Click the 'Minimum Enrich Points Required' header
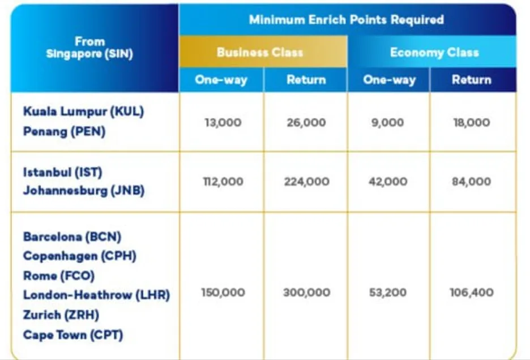pos(346,20)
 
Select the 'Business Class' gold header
pos(260,53)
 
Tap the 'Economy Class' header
pos(434,53)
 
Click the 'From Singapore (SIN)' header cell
pos(89,48)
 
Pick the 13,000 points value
pos(223,122)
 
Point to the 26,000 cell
pos(306,122)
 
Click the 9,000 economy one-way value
pos(388,122)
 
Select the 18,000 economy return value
pos(472,122)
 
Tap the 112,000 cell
pos(223,182)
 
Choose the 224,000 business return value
pos(306,182)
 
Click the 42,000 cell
pos(388,182)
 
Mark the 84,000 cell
pos(472,182)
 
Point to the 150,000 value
pos(223,293)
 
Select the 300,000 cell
pos(306,293)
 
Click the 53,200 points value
pos(388,293)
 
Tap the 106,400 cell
pos(472,293)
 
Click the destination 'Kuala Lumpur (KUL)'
pos(83,111)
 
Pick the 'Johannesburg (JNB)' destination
pos(84,191)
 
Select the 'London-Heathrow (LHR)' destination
pos(96,295)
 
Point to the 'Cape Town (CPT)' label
pos(73,335)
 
